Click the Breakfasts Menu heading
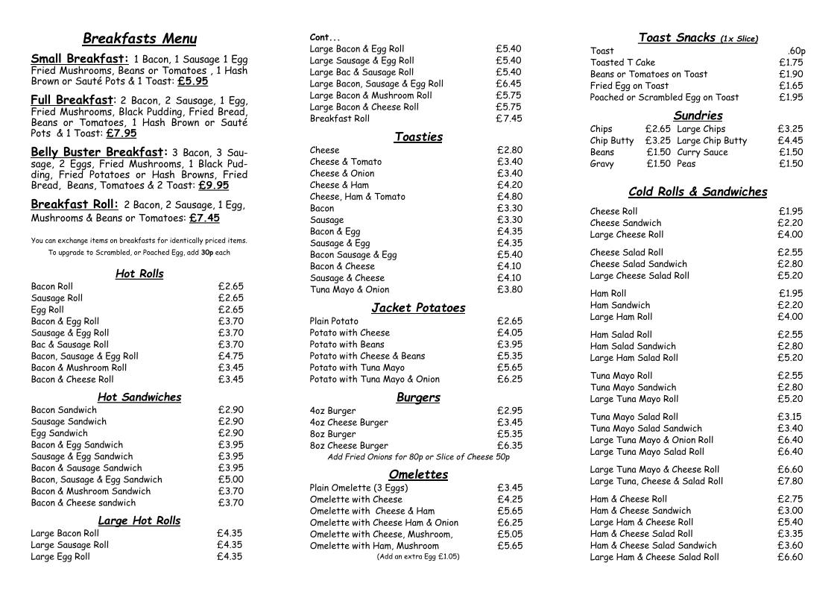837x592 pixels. click(x=139, y=39)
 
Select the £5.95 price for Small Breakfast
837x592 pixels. click(x=192, y=81)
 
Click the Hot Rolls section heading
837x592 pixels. click(x=139, y=274)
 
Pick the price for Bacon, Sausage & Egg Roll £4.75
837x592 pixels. click(x=230, y=356)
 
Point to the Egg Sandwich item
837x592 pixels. click(x=59, y=433)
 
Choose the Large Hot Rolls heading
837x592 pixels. click(x=139, y=520)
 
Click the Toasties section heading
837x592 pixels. click(x=418, y=136)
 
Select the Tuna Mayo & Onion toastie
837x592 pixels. click(x=349, y=289)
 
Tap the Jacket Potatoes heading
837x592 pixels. click(x=418, y=308)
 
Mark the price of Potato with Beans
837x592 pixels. click(x=509, y=344)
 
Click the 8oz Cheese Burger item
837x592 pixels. click(x=348, y=446)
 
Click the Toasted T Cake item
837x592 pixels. click(x=622, y=63)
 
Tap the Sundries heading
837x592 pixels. click(x=698, y=116)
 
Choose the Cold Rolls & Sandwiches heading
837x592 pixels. click(x=698, y=192)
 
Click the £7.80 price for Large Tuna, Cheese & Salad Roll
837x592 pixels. click(x=790, y=481)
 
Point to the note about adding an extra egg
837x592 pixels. click(x=418, y=556)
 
